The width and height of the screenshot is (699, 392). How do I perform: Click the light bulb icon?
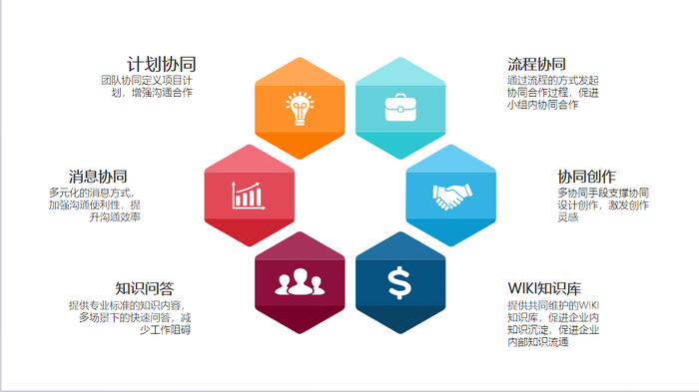pos(300,109)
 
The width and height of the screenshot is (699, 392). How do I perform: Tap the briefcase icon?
pos(400,108)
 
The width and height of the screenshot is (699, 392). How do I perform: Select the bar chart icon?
pos(249,196)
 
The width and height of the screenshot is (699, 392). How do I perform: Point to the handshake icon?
pos(452,196)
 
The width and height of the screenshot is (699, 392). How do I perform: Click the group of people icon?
pos(300,282)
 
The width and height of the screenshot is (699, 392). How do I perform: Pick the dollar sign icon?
pos(399,282)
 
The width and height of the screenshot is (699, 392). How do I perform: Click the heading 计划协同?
pos(162,64)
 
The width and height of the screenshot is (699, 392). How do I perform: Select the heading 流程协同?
pos(537,64)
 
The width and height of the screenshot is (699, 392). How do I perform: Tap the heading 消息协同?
pos(98,177)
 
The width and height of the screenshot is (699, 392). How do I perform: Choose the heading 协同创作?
pos(587,177)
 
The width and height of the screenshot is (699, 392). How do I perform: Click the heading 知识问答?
pos(145,288)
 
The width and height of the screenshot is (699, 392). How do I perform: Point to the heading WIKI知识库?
pos(544,288)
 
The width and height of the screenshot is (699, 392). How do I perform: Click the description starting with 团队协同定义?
pos(147,87)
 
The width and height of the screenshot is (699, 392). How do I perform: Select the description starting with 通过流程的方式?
pos(553,93)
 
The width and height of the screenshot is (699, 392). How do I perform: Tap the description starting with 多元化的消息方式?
pos(95,204)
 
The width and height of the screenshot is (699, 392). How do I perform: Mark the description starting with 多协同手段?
pos(603,204)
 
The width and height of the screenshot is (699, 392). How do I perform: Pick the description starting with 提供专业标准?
pos(130,317)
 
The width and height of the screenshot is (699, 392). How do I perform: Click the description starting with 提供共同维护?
pos(553,323)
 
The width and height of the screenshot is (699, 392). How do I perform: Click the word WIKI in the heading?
pos(522,288)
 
